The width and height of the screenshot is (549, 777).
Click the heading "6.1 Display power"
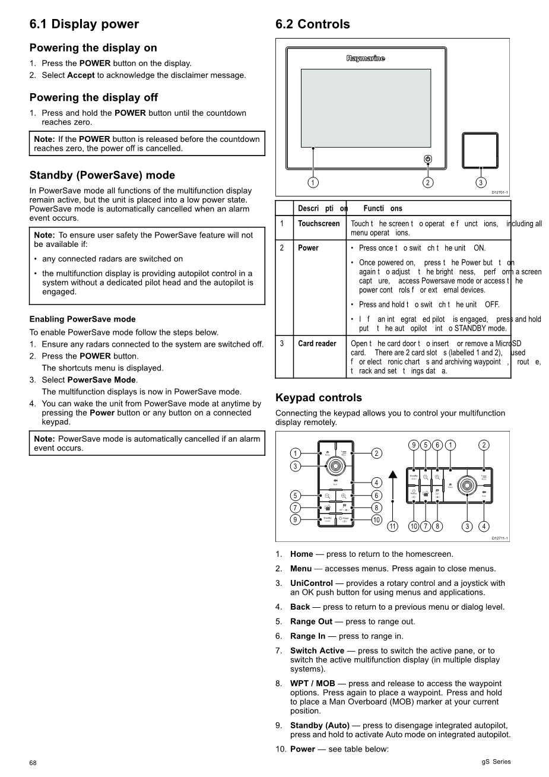click(84, 24)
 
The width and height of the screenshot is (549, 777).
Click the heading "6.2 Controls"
click(313, 24)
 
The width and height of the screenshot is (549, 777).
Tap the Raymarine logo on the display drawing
click(366, 58)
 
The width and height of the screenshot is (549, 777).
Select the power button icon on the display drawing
click(428, 159)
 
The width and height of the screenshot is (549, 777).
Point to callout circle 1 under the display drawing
click(313, 182)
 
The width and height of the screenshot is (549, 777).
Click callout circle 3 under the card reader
click(481, 182)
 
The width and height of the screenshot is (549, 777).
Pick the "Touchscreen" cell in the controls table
click(319, 224)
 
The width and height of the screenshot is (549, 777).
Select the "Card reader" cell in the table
click(317, 344)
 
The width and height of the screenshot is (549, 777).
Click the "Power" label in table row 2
click(308, 248)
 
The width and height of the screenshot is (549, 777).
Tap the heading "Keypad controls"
click(319, 398)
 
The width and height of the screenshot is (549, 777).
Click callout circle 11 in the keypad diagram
click(392, 526)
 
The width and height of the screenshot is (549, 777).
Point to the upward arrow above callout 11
click(392, 475)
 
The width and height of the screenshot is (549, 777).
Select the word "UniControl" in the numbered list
click(311, 583)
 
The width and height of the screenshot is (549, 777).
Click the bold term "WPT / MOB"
click(312, 684)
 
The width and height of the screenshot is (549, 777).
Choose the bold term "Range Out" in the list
click(311, 621)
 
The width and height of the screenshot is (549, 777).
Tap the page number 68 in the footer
click(33, 763)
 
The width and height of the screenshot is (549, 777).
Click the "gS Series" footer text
click(496, 762)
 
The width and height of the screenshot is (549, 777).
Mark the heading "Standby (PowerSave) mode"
click(102, 175)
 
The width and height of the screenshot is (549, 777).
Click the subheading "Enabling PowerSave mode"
click(82, 319)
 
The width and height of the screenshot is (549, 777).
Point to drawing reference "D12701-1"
click(500, 192)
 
